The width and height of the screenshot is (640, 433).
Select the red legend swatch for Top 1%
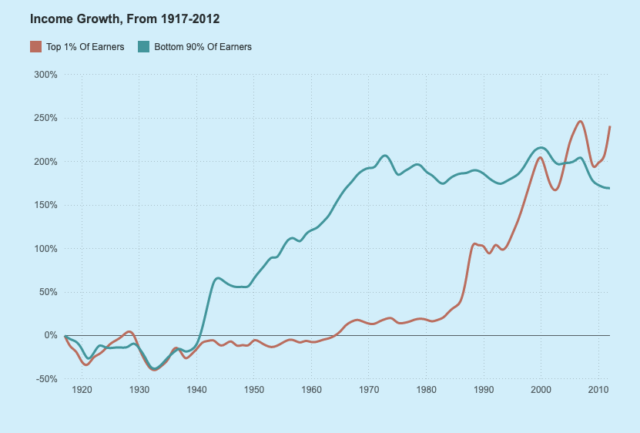click(35, 47)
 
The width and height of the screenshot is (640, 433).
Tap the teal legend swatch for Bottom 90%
click(142, 47)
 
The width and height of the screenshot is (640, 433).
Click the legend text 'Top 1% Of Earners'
click(85, 47)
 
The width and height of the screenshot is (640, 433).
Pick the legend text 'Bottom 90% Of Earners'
click(203, 47)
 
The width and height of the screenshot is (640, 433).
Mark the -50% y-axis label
click(47, 379)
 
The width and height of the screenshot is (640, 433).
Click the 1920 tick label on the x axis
click(82, 391)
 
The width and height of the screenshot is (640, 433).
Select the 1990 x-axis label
click(484, 391)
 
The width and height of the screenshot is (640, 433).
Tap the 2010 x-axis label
click(598, 391)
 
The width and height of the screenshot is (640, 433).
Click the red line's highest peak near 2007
click(580, 121)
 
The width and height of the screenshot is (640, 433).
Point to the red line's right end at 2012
click(609, 127)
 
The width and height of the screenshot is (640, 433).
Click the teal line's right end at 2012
click(609, 188)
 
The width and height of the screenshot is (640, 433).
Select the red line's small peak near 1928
click(129, 331)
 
